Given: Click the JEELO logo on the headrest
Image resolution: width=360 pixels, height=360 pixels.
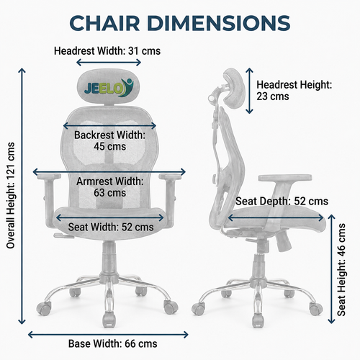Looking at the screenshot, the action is click(109, 88).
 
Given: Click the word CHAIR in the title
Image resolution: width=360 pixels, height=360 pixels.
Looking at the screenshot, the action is click(104, 23).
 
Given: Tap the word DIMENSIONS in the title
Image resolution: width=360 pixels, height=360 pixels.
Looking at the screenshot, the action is click(219, 23).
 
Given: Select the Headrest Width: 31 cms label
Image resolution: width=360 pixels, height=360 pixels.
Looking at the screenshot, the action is click(107, 51).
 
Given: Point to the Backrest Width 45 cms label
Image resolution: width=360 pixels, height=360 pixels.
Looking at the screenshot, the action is click(109, 140).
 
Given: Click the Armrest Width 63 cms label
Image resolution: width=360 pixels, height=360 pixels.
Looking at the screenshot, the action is click(109, 187).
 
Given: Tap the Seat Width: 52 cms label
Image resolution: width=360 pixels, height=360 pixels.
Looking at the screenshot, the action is click(111, 227).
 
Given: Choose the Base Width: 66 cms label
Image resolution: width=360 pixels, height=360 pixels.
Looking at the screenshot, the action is click(113, 343).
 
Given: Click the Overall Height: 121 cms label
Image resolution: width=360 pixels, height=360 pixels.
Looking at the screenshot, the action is click(11, 195).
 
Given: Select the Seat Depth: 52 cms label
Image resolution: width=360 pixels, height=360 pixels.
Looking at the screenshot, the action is click(282, 201).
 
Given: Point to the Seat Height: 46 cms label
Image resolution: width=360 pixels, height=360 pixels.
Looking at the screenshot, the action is click(341, 270).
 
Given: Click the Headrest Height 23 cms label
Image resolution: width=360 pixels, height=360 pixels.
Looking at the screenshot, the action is click(294, 91).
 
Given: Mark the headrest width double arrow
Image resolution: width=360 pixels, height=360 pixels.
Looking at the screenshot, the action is click(109, 63).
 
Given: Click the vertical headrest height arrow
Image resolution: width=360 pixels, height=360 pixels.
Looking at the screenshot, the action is click(250, 91).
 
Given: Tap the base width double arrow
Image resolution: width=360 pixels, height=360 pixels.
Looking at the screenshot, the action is click(108, 335).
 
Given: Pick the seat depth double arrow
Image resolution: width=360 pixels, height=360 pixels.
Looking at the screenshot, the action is click(276, 218).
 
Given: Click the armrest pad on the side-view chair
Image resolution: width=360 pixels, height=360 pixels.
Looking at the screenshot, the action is click(285, 178).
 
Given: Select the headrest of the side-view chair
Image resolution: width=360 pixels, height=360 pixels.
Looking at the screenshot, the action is click(234, 88).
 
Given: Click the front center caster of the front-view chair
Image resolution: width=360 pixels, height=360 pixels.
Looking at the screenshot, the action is click(109, 320).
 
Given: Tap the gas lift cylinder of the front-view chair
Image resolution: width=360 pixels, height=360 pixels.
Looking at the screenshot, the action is click(109, 259).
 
